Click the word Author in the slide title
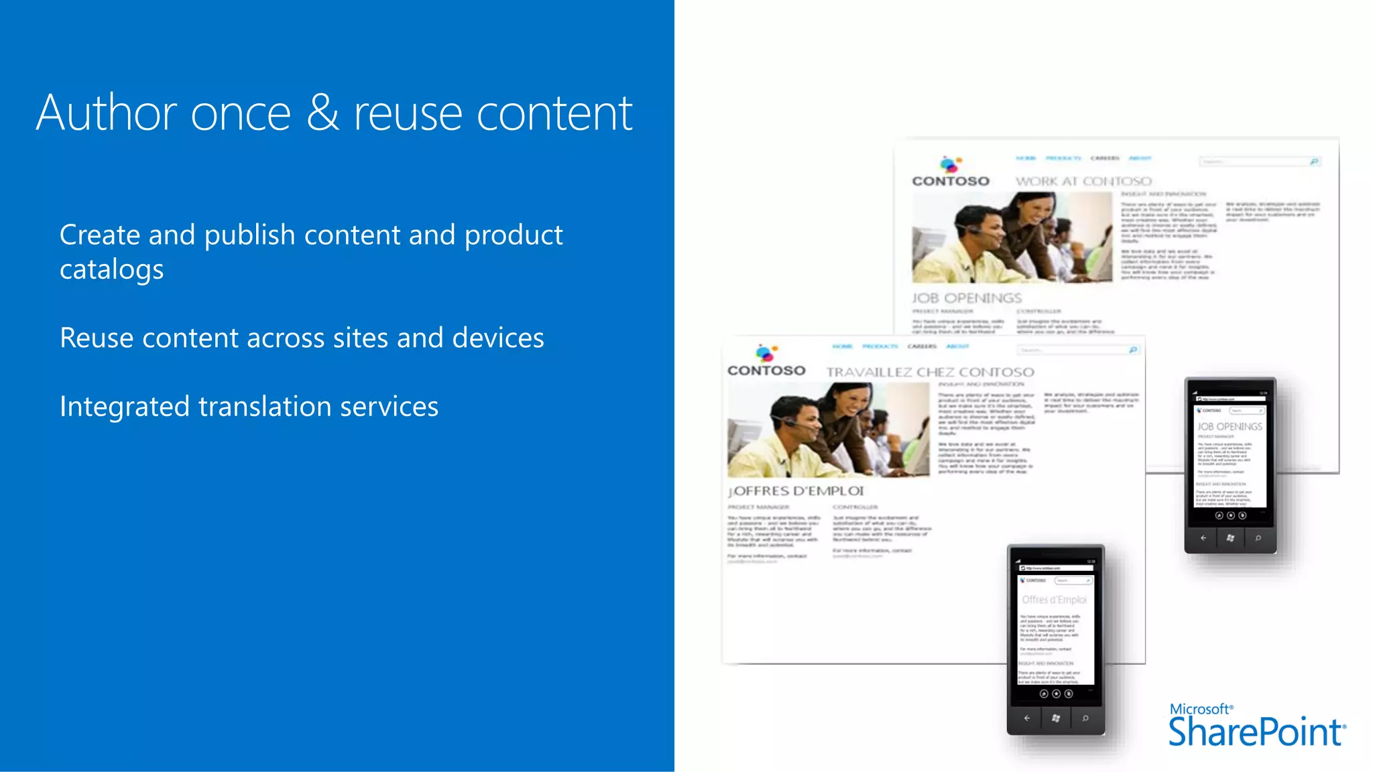(x=107, y=113)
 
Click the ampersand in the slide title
(x=322, y=113)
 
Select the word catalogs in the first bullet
(x=111, y=270)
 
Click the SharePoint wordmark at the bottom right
(x=1256, y=732)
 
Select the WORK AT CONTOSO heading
(x=1083, y=182)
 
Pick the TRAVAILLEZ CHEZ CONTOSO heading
(x=930, y=373)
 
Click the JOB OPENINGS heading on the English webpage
(x=967, y=298)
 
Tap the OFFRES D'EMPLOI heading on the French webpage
(x=796, y=491)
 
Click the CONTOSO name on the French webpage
(x=766, y=371)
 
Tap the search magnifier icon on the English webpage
(x=1314, y=162)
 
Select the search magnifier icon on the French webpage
(x=1133, y=350)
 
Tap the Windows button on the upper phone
(x=1230, y=538)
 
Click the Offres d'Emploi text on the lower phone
(x=1055, y=600)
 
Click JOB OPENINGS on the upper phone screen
(x=1230, y=426)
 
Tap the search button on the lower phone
(x=1085, y=718)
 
